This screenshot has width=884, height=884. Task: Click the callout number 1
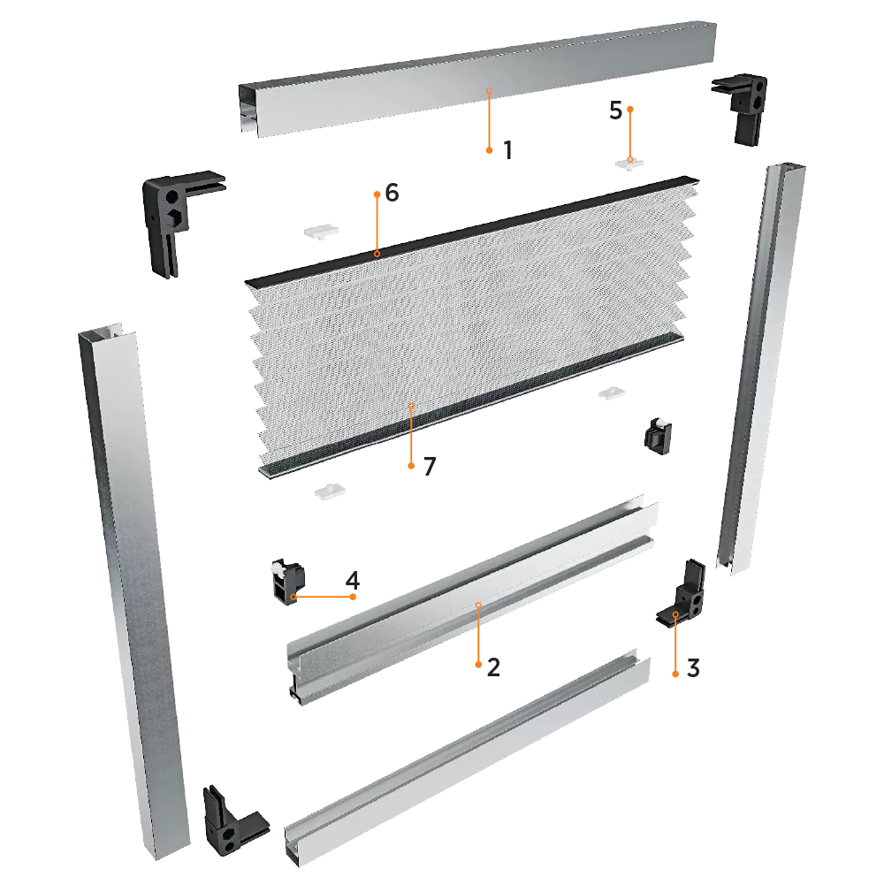508,150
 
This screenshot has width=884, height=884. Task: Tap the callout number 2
493,667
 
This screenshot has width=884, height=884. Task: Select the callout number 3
693,668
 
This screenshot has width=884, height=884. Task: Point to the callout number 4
353,580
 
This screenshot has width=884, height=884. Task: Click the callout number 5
615,110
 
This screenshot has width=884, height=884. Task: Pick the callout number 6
392,193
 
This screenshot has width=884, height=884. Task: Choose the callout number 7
430,466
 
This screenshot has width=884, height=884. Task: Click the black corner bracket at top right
742,107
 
